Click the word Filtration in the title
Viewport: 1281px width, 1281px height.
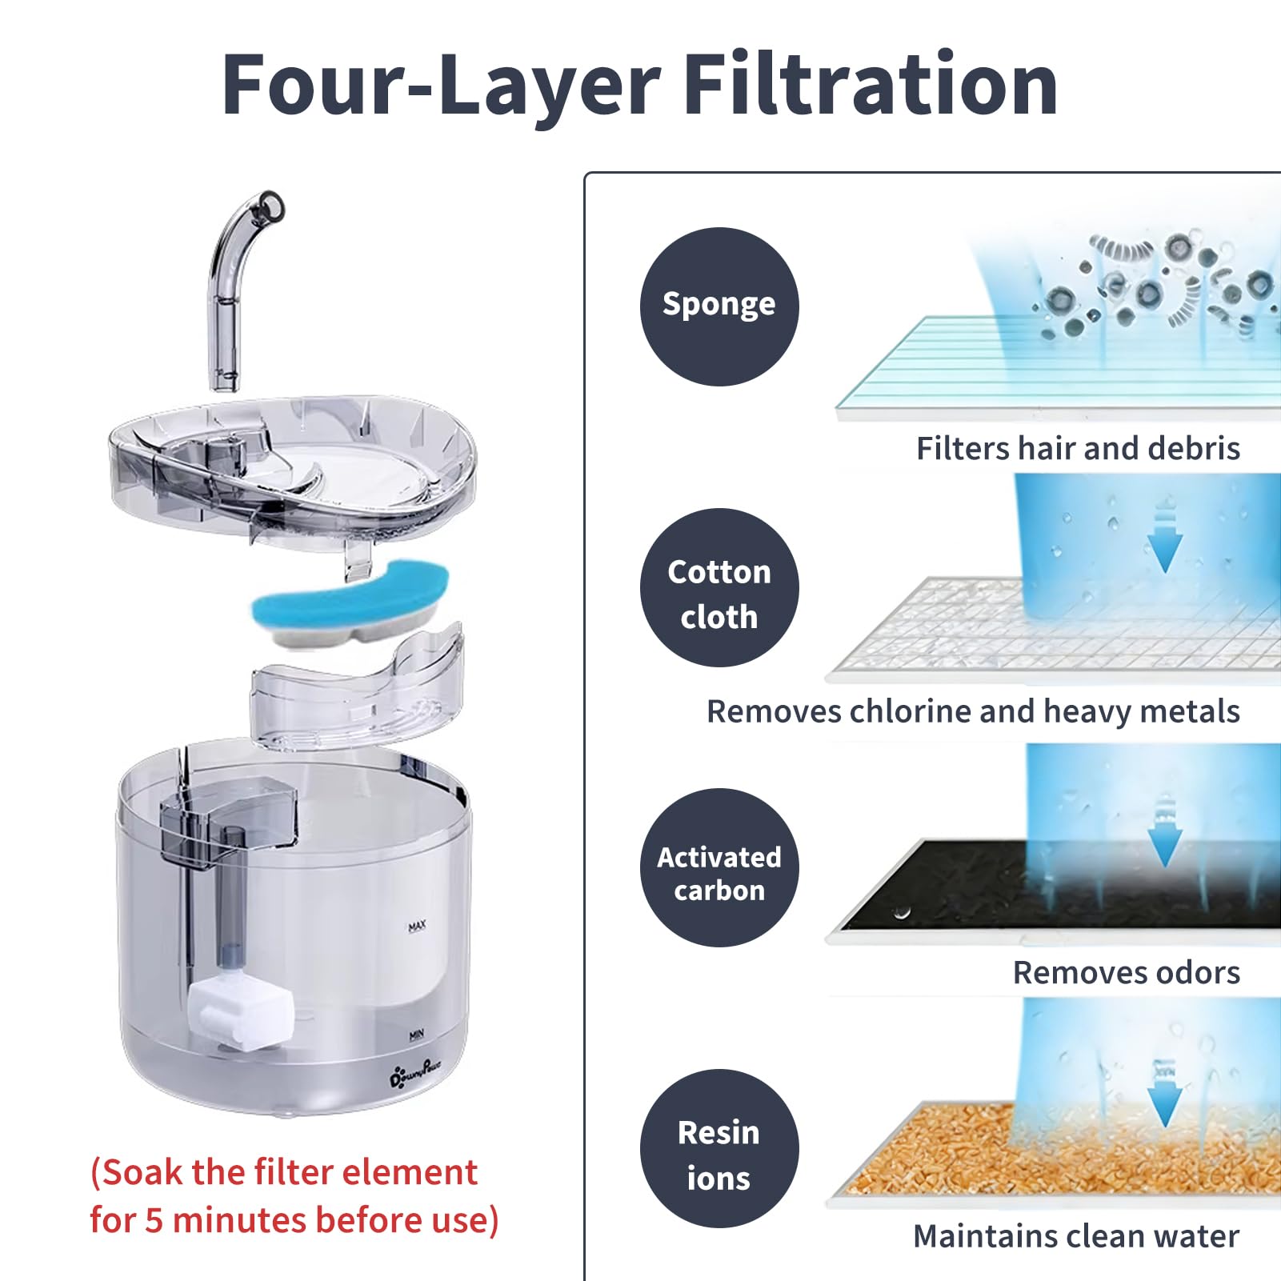(x=871, y=84)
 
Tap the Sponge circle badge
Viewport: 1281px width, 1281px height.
(x=719, y=306)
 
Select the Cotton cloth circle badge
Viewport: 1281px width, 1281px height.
(x=719, y=587)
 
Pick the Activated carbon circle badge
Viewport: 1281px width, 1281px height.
(x=719, y=867)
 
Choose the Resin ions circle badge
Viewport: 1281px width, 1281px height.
(x=719, y=1148)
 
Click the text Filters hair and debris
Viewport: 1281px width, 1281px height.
(x=1078, y=448)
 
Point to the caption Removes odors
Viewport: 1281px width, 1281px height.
(x=1127, y=972)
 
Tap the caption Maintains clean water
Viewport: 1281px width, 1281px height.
(x=1076, y=1235)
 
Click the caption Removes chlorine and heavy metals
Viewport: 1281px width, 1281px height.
(x=973, y=711)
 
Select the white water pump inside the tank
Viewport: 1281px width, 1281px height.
(x=241, y=1012)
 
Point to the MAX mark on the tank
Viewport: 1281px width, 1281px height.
(x=417, y=926)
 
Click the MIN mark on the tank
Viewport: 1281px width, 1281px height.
(x=416, y=1035)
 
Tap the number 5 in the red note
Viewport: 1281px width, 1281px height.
(x=154, y=1220)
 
